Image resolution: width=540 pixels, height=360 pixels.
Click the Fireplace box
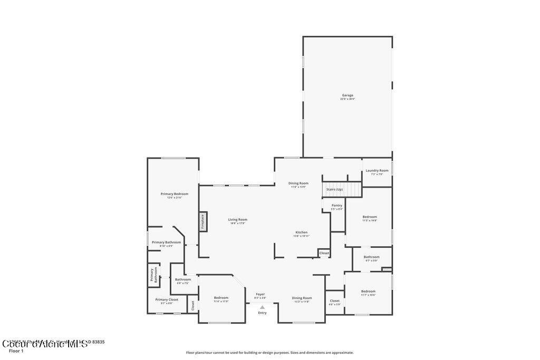[202, 222]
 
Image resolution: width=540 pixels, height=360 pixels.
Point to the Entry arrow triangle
[262, 307]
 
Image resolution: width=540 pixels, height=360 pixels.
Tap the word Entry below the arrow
[262, 313]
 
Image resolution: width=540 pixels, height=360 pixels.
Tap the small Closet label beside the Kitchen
[324, 253]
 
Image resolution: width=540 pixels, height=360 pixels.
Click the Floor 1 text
[16, 351]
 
